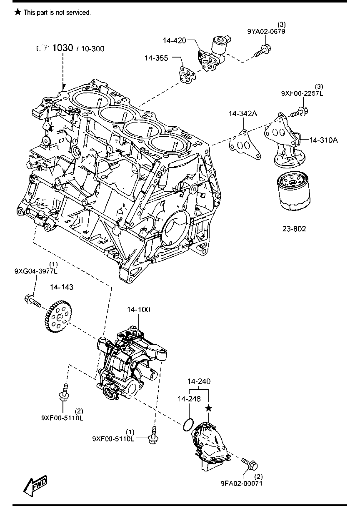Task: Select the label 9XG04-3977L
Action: [x=36, y=271]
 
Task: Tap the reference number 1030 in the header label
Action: [x=62, y=48]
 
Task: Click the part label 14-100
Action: [x=138, y=310]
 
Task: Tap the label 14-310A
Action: [x=323, y=140]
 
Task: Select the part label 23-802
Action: [x=294, y=228]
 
